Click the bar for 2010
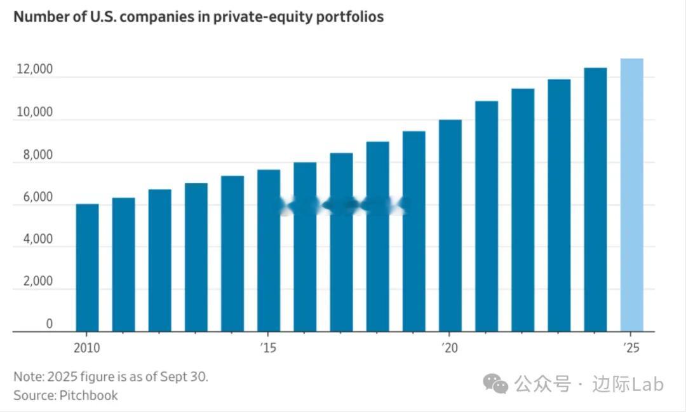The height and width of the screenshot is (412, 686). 87,267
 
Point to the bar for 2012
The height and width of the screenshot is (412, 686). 159,260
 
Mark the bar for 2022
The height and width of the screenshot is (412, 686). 523,210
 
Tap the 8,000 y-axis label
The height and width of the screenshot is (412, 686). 36,154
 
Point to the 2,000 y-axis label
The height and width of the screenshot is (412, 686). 36,282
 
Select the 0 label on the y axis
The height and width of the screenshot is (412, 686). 49,324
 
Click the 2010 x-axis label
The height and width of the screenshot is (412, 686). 87,348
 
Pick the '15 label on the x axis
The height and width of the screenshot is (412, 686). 267,348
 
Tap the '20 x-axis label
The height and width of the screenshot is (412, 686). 449,348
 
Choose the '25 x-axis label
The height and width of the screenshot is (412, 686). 631,348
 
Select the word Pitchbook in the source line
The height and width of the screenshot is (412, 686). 89,395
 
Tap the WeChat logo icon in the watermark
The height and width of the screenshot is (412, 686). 495,383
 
